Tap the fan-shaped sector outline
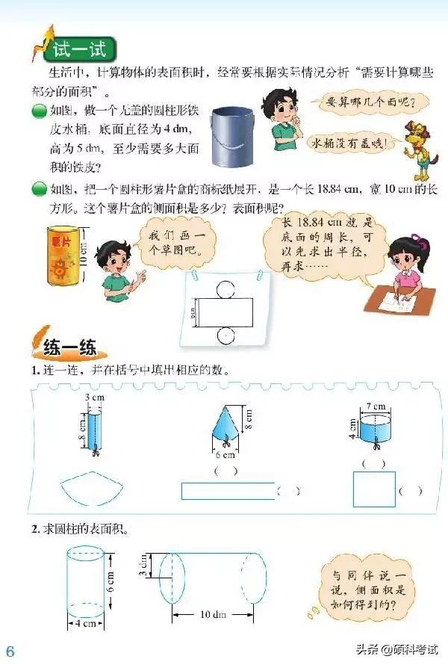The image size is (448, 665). pos(90,489)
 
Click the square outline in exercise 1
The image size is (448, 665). pos(373,490)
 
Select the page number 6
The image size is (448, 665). pos(10,649)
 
